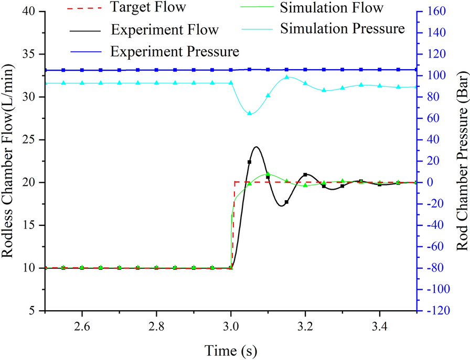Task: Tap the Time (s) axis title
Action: [x=231, y=348]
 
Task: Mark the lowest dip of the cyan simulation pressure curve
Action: [x=250, y=114]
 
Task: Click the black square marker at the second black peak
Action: [x=305, y=174]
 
